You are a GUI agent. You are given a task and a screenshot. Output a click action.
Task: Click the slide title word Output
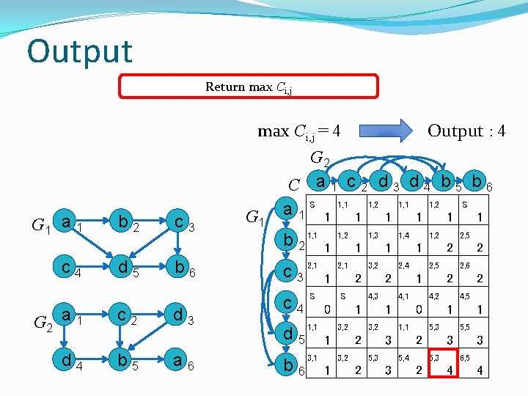point(79,51)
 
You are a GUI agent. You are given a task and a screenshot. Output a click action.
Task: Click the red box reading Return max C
point(249,87)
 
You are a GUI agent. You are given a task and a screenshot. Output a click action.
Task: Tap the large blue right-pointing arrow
point(388,130)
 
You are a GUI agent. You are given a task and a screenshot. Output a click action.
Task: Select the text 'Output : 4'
point(466,131)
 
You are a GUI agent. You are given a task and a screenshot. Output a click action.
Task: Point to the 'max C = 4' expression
point(298,132)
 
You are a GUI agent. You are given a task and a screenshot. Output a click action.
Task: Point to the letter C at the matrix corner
point(293,185)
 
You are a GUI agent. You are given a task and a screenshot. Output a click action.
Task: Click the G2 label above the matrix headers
point(320,158)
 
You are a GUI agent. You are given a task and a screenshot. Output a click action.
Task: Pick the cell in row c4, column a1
point(320,304)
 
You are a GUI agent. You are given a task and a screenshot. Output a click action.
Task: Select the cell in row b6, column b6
point(474,363)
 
